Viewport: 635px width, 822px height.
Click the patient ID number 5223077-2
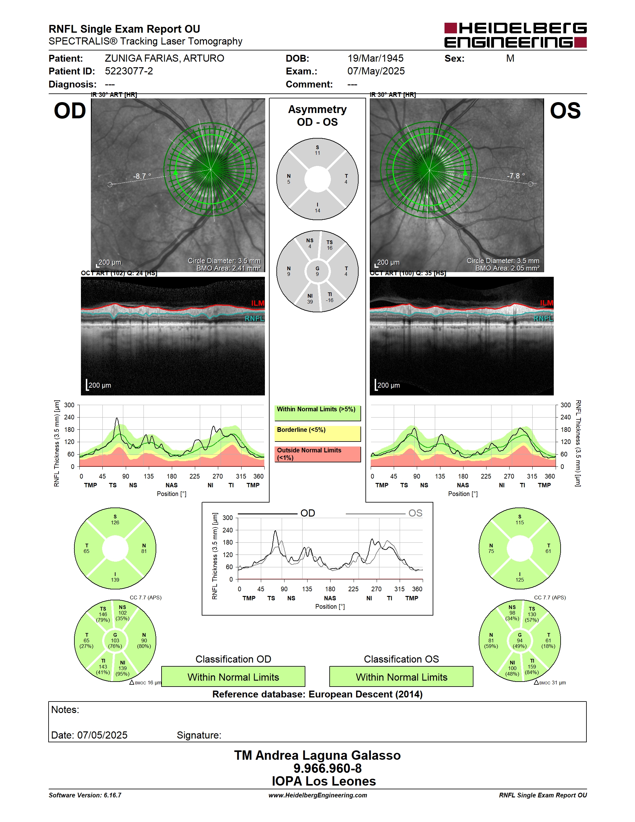[x=129, y=71]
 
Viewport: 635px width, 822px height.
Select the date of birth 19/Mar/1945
[x=375, y=58]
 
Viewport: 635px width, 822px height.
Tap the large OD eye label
[x=70, y=111]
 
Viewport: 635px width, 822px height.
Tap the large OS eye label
[x=565, y=111]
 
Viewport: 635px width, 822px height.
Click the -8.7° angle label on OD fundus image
[x=142, y=176]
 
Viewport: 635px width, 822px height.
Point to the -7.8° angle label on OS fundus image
[x=516, y=176]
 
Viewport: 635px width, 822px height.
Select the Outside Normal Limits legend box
[x=317, y=454]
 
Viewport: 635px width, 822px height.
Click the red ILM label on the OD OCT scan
[x=258, y=303]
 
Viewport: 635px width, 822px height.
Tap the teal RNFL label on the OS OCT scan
[x=543, y=319]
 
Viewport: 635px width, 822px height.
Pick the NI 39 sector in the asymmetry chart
[x=310, y=299]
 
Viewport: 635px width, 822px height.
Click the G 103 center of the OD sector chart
[x=115, y=640]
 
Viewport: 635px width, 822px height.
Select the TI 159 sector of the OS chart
[x=532, y=667]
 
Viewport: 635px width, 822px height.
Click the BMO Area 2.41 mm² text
[x=229, y=268]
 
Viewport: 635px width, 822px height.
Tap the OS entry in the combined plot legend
[x=415, y=513]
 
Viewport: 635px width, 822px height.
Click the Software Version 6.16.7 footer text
[x=85, y=795]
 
